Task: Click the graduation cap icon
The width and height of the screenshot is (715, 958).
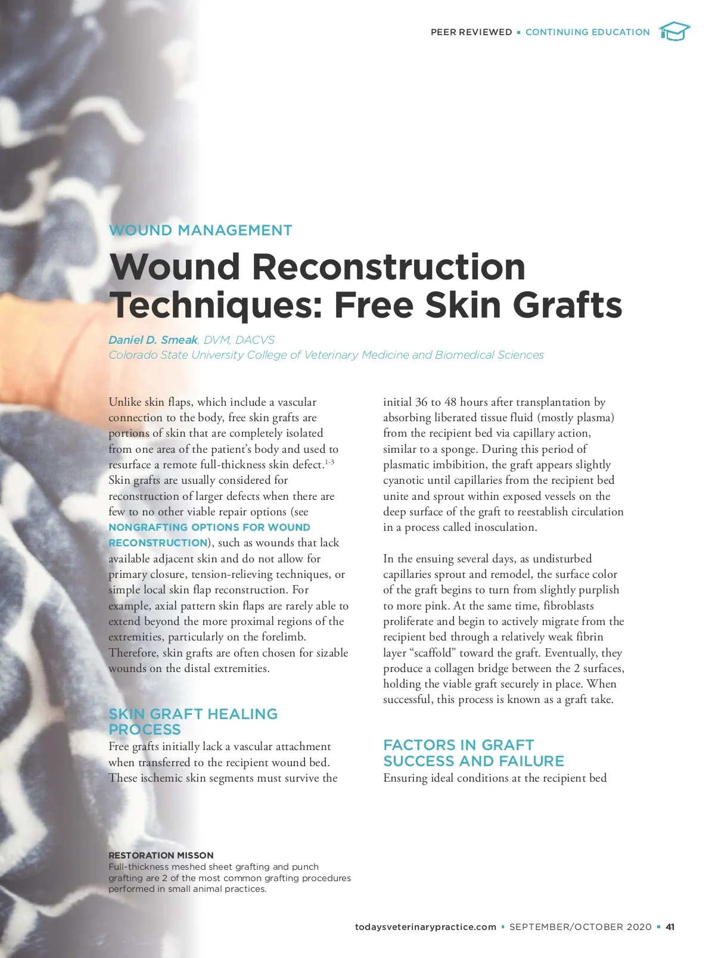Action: (x=674, y=31)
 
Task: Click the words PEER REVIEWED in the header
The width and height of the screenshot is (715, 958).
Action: (x=471, y=32)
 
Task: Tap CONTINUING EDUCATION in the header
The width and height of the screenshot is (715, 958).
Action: (x=587, y=32)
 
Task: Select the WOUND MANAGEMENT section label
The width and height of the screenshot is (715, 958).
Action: (x=200, y=231)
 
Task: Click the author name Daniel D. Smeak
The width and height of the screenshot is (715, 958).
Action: (x=153, y=340)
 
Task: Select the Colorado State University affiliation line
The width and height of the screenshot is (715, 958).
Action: (x=326, y=355)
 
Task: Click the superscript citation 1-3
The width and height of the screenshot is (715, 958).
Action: (x=329, y=462)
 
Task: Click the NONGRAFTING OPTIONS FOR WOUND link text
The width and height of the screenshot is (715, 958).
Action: (x=209, y=527)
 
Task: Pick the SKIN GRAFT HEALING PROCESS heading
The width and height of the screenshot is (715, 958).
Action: (x=192, y=721)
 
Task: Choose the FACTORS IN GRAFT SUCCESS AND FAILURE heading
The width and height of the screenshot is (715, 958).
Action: (x=473, y=753)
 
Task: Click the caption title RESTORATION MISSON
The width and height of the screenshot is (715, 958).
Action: (x=161, y=856)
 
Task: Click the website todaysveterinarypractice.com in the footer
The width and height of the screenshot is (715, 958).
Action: (x=425, y=927)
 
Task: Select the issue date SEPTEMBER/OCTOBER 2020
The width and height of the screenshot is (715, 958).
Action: (x=580, y=927)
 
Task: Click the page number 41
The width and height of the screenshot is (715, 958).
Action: (x=670, y=927)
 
